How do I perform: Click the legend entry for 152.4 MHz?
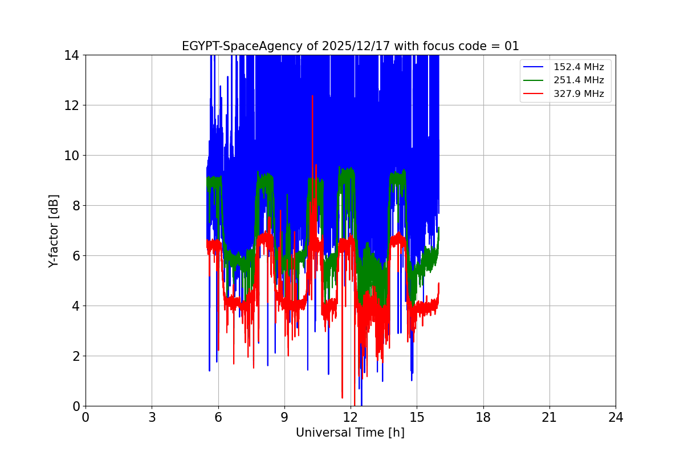click(x=579, y=67)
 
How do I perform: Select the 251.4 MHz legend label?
click(x=579, y=80)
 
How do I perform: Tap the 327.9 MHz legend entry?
click(x=579, y=94)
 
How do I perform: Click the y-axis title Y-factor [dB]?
click(x=54, y=231)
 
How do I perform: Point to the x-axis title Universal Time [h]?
click(x=350, y=433)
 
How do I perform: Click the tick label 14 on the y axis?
click(x=71, y=55)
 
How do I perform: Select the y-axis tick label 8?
click(x=75, y=206)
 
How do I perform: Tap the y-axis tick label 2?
click(x=75, y=356)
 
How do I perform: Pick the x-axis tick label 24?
click(x=616, y=417)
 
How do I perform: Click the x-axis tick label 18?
click(x=483, y=417)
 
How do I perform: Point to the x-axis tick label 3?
click(x=152, y=417)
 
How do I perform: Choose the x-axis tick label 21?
click(x=549, y=417)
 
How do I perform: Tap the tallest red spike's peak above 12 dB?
click(x=312, y=96)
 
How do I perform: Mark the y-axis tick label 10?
click(x=71, y=156)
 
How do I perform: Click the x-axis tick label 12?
click(x=351, y=417)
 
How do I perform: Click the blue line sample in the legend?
click(x=535, y=67)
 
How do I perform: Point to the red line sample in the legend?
click(x=535, y=94)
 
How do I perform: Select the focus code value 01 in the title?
click(x=512, y=46)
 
